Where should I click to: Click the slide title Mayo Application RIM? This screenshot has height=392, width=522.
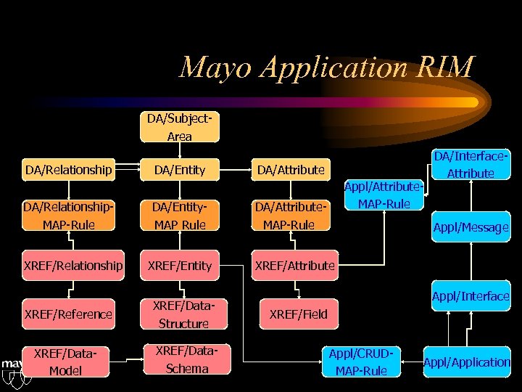point(326,67)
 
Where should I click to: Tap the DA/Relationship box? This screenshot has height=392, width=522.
point(69,170)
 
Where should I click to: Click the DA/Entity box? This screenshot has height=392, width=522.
point(179,170)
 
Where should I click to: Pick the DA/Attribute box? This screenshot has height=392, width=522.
point(291,170)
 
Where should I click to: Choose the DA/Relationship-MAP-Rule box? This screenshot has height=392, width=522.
point(69,216)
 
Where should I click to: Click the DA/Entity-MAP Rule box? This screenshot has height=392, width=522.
point(179,216)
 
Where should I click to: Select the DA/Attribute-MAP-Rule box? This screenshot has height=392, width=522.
point(291,216)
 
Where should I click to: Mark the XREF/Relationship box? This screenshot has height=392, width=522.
point(72,266)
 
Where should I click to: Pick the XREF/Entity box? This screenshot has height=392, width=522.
point(179,266)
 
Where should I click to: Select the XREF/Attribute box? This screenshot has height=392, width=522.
point(294,266)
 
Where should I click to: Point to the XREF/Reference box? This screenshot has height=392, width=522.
point(69,314)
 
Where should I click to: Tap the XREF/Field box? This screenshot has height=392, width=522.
point(298,314)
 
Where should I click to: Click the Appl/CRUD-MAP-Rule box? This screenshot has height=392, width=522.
point(360,362)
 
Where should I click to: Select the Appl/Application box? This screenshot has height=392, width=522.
point(467,362)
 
